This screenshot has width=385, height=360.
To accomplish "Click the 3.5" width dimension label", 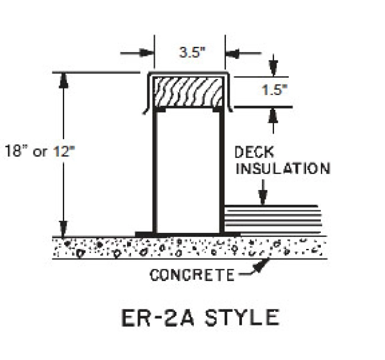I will (189, 54).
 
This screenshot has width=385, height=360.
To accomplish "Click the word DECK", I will (255, 153).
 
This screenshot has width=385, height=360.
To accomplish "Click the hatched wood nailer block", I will (189, 92).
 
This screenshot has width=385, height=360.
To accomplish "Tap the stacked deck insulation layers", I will (271, 218).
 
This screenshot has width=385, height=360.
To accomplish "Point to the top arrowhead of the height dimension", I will (63, 79).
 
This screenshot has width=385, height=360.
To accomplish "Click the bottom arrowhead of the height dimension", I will (63, 229).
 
